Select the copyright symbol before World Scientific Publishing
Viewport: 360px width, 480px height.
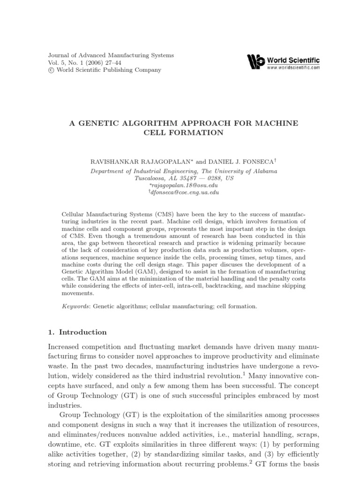[x=51, y=70]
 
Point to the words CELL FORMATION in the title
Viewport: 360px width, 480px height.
[x=183, y=133]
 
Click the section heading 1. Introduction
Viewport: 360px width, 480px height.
[x=77, y=332]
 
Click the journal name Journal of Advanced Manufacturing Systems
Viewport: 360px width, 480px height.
[x=111, y=55]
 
